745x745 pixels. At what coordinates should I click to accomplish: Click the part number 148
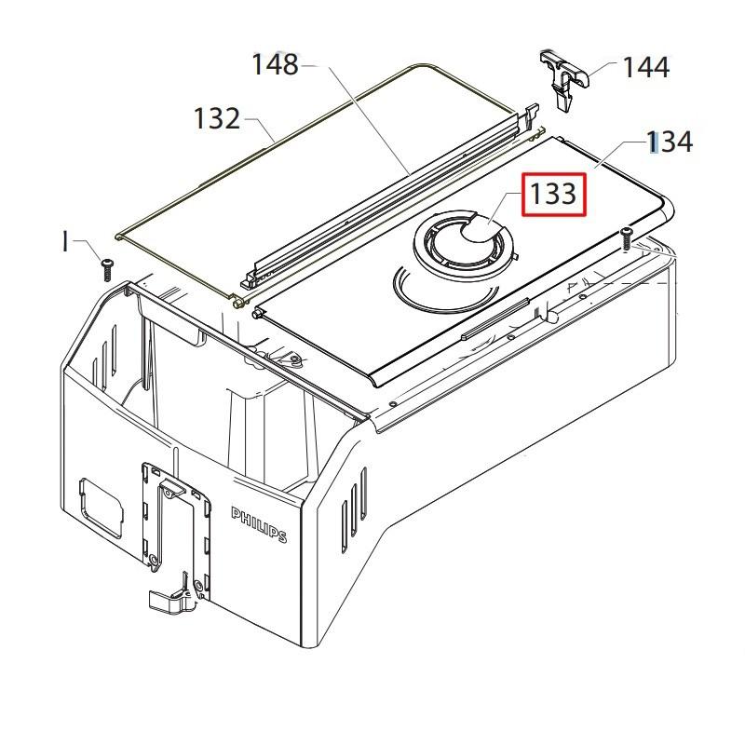(x=275, y=65)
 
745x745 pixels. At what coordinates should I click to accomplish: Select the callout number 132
(x=217, y=119)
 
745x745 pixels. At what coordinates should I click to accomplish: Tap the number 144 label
(x=645, y=67)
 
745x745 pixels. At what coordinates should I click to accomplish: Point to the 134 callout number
(x=670, y=142)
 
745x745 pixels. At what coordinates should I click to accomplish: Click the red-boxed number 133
(x=553, y=195)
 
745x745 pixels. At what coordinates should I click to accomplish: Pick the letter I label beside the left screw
(x=65, y=243)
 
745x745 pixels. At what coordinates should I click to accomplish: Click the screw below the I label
(x=106, y=269)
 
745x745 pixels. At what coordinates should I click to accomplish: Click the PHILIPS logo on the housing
(x=259, y=524)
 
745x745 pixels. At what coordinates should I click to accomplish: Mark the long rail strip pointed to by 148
(x=382, y=200)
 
